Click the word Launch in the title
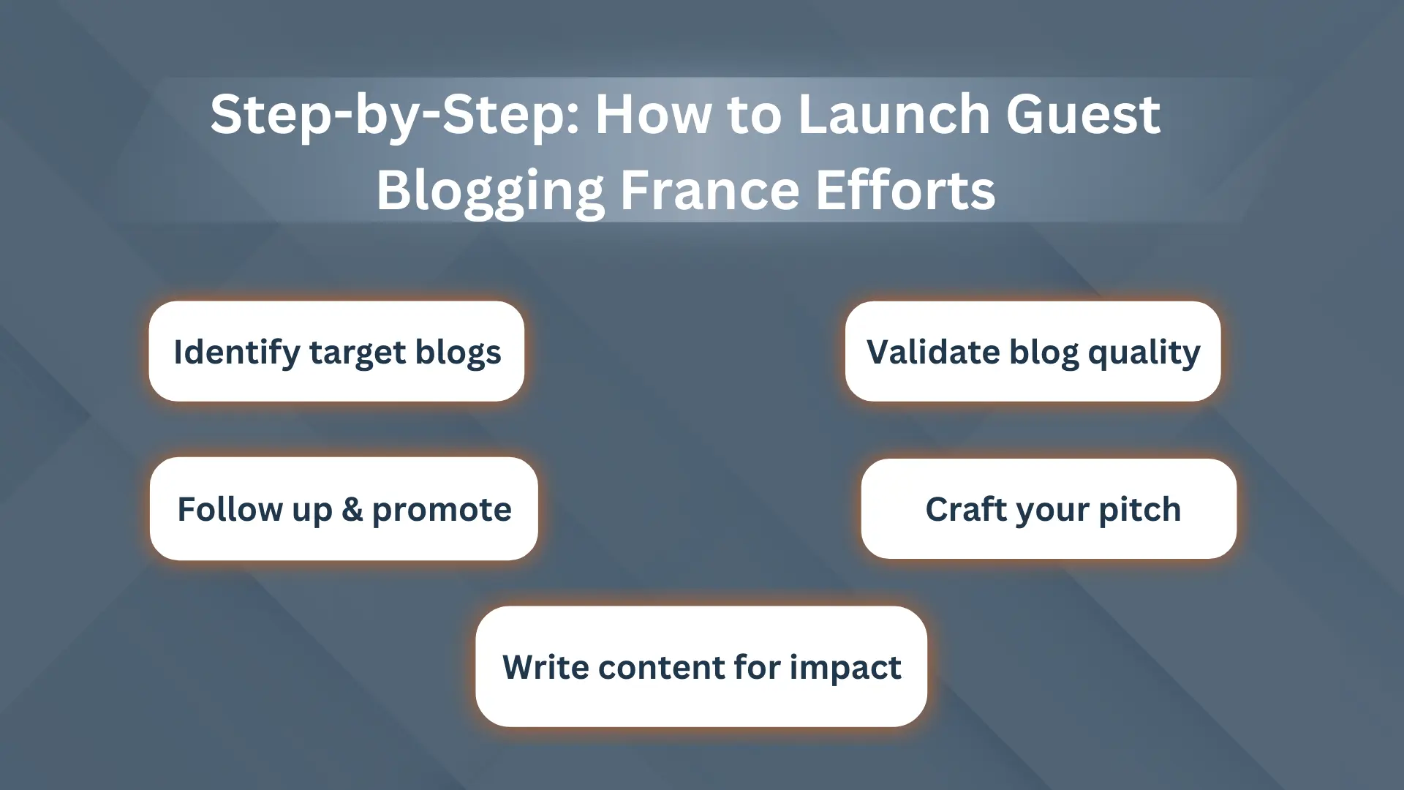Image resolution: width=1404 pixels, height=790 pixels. pos(894,114)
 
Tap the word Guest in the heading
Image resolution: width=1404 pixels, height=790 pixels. pos(1083,114)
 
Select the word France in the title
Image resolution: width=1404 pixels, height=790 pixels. pos(709,190)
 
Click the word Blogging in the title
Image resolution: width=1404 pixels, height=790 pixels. pos(491,191)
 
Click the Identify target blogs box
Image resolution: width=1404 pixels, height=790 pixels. pos(336,351)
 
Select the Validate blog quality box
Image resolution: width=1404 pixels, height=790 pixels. pos(1033,351)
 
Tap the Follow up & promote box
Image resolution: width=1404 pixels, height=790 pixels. pos(344,509)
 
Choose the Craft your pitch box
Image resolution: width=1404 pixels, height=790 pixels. pos(1049,509)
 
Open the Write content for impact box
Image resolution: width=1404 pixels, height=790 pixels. pos(701,666)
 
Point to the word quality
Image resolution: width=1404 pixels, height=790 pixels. pos(1144,353)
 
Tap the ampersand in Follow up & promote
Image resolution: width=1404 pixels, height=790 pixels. pos(352,509)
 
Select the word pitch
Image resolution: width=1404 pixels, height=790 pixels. pos(1140,510)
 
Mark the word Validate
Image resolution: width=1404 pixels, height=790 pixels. pos(933,352)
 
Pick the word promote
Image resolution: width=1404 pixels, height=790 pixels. pos(442,511)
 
